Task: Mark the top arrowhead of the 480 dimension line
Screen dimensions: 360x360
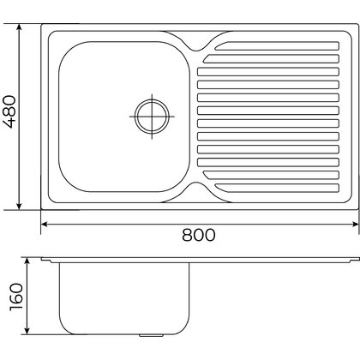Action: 18,25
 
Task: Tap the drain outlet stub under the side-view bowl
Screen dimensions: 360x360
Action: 156,333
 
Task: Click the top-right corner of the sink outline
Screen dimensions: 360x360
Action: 354,22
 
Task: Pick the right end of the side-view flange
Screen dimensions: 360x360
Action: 354,259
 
